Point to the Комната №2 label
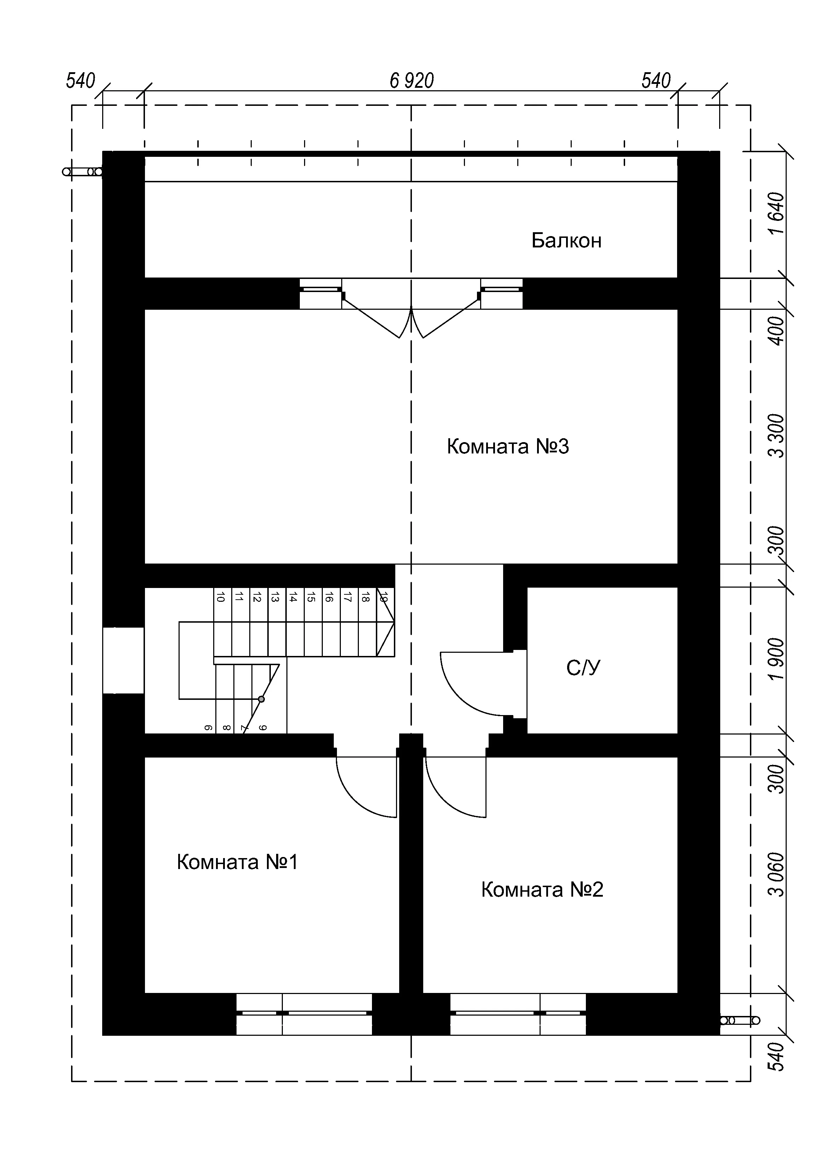(542, 890)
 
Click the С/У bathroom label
(583, 668)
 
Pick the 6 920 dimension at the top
(412, 81)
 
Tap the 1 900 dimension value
(777, 659)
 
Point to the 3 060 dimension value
(777, 875)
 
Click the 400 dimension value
(777, 331)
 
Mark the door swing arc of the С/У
(458, 697)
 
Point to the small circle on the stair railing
(261, 699)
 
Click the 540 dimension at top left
(81, 81)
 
